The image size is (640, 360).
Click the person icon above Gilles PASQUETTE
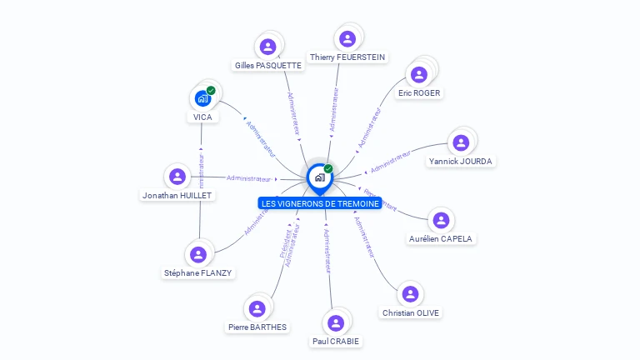[267, 47]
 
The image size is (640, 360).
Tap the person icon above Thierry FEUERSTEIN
[347, 38]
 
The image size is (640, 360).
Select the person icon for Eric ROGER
[419, 74]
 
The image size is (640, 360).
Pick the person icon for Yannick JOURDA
[461, 142]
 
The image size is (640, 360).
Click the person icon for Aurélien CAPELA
[441, 220]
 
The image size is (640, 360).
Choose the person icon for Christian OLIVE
[410, 294]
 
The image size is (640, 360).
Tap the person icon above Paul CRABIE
[337, 322]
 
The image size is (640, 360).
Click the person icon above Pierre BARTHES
[257, 308]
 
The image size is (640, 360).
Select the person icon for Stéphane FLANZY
[197, 254]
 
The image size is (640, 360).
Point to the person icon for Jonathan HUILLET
[177, 177]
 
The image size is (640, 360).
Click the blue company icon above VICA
[202, 99]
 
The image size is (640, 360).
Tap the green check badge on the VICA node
[211, 90]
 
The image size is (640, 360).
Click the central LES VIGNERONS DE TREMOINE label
[320, 203]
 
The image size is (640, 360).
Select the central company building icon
[319, 177]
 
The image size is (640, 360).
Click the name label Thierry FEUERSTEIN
[347, 57]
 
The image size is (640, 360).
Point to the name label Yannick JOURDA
[461, 161]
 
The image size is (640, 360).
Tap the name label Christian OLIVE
[411, 312]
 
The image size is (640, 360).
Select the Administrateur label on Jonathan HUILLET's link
[248, 178]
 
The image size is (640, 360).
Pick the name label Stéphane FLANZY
[198, 272]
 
